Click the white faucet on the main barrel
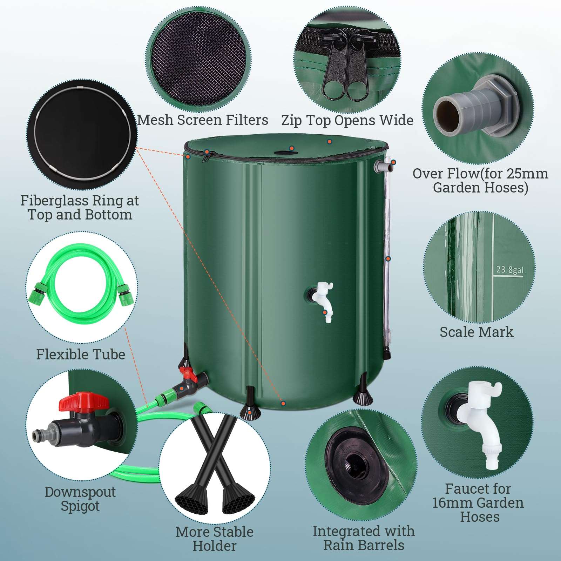pyautogui.click(x=324, y=300)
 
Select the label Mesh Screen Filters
pyautogui.click(x=203, y=120)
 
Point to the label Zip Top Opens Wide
pyautogui.click(x=347, y=120)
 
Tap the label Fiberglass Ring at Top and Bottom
pyautogui.click(x=80, y=208)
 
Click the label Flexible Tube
pyautogui.click(x=81, y=354)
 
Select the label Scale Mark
pyautogui.click(x=476, y=332)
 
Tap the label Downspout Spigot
pyautogui.click(x=80, y=499)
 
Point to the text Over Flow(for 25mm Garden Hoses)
pyautogui.click(x=480, y=181)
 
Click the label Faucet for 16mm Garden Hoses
pyautogui.click(x=478, y=503)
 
